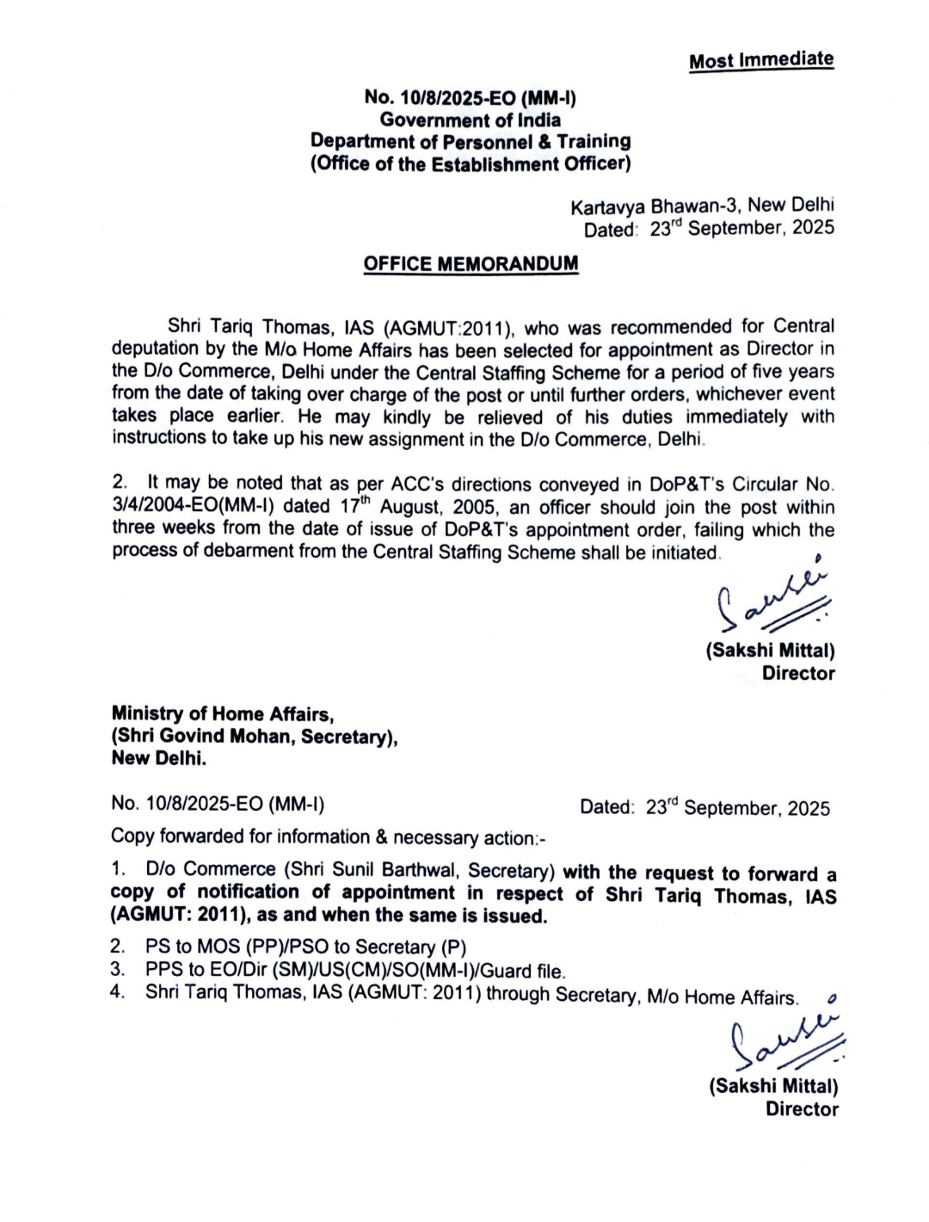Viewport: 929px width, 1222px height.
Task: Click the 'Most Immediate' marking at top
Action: click(x=761, y=60)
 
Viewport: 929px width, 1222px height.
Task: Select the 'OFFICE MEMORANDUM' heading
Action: click(x=471, y=263)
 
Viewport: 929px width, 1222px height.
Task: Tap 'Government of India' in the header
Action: click(x=471, y=120)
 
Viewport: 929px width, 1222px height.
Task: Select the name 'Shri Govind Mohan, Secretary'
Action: click(x=253, y=737)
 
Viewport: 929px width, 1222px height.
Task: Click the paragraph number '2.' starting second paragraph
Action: click(x=120, y=484)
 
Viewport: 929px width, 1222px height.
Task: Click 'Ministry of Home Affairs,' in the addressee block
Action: click(x=223, y=714)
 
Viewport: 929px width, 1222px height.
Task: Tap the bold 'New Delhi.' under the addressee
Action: click(x=159, y=759)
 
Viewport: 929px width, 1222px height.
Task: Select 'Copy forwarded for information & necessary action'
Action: click(x=327, y=837)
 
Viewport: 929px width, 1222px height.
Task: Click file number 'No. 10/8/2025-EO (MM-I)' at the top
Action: click(x=470, y=98)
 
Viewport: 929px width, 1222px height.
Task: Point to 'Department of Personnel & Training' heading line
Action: click(x=471, y=142)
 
